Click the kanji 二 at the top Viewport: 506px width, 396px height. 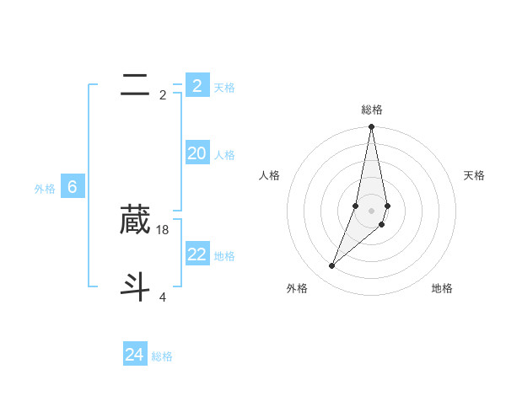[136, 84]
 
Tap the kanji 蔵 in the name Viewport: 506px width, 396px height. [136, 220]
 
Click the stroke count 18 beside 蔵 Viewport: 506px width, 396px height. [163, 229]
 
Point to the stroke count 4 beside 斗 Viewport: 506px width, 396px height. [163, 297]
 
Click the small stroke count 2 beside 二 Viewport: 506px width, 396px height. [163, 94]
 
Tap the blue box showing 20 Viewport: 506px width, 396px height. [196, 153]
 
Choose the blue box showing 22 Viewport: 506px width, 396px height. [196, 254]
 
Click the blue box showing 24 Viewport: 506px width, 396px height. [135, 355]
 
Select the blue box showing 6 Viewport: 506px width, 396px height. [73, 187]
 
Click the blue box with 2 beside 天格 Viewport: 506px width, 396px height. [196, 86]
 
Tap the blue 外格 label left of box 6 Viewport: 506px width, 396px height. [45, 189]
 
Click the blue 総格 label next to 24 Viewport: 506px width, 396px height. [162, 356]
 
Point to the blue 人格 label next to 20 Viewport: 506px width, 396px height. [224, 155]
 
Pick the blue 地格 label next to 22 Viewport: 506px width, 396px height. [224, 256]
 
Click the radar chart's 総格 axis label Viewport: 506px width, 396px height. [372, 110]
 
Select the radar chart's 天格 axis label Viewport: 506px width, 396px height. [475, 175]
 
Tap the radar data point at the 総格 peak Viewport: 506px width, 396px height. [371, 127]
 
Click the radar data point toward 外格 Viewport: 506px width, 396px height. [332, 266]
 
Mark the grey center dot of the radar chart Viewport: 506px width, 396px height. [371, 211]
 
